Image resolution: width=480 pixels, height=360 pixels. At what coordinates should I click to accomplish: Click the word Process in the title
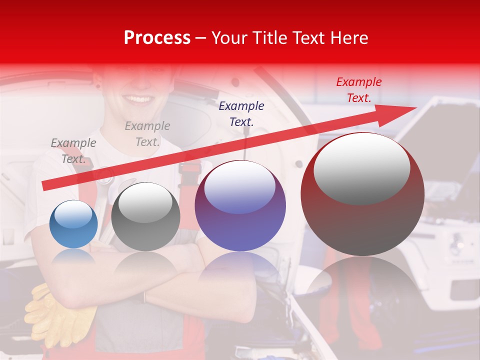point(157,38)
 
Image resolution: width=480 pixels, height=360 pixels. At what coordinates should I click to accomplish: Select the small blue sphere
point(73,224)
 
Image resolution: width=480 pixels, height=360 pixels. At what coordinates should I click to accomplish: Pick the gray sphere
point(145,217)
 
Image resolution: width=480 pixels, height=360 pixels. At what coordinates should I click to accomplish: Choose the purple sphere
point(240,206)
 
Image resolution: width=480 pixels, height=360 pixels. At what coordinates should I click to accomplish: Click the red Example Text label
point(358,90)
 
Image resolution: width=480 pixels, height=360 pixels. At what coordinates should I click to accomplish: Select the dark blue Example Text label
point(241,113)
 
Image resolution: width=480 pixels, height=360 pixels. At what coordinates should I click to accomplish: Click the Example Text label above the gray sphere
point(147,134)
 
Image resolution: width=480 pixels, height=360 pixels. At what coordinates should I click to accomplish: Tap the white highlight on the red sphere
point(361,169)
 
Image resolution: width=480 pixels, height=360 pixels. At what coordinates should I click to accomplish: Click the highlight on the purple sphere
point(240,187)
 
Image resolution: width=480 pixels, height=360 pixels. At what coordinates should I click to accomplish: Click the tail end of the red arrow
point(45,185)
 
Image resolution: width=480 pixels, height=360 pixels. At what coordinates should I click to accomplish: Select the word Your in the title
point(228,38)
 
